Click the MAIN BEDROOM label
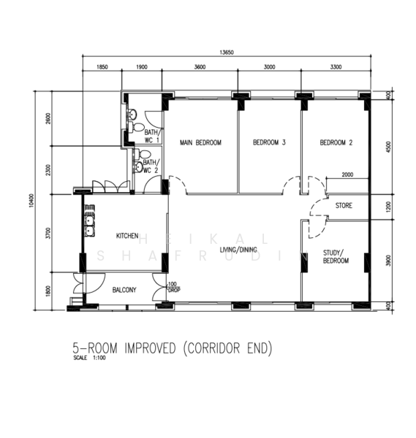200,142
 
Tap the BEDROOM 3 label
268,142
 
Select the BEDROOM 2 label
336,142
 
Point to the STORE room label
344,206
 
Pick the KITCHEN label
127,236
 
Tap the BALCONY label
124,290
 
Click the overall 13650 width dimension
227,52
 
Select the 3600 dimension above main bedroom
200,67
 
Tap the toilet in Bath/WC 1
132,115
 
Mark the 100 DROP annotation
173,287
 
